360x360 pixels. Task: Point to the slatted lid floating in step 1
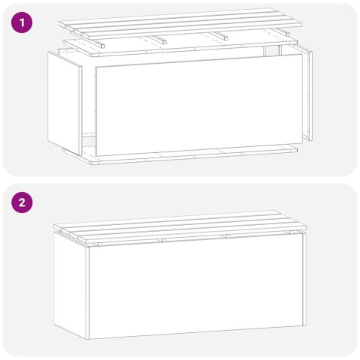180,24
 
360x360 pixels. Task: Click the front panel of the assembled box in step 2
195,289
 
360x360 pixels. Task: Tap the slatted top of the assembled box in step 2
184,229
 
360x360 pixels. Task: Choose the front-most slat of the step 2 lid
195,237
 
